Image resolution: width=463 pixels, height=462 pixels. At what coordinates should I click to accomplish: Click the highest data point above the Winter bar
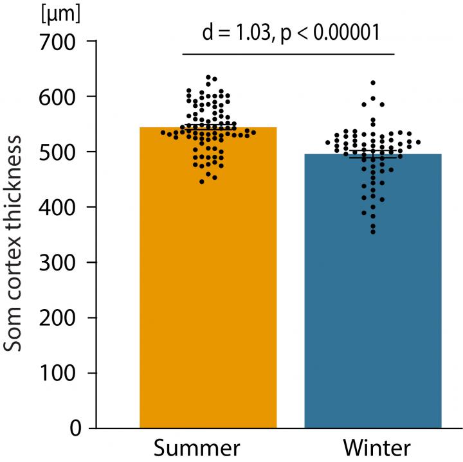pos(373,83)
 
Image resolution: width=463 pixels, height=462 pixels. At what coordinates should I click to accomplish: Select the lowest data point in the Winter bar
pos(373,232)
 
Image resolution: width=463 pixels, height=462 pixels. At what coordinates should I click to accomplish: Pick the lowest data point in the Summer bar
pos(202,182)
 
